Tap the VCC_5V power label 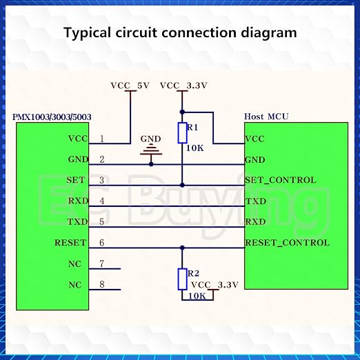(x=130, y=86)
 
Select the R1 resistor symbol (x=182, y=133)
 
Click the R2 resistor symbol (x=182, y=279)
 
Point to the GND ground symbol (x=151, y=152)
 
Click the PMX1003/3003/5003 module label (x=52, y=117)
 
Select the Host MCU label (x=266, y=117)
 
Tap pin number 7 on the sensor (x=102, y=263)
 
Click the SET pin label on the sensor (x=76, y=180)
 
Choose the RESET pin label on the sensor (x=70, y=243)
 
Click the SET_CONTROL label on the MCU (x=281, y=180)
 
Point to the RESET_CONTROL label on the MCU (x=288, y=243)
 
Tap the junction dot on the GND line (x=151, y=164)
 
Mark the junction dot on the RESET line (x=182, y=248)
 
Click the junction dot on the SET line (x=182, y=185)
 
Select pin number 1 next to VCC (x=102, y=139)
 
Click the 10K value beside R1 (x=195, y=148)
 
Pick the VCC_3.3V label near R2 (x=214, y=285)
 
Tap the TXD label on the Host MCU (x=256, y=201)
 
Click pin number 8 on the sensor (x=102, y=285)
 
